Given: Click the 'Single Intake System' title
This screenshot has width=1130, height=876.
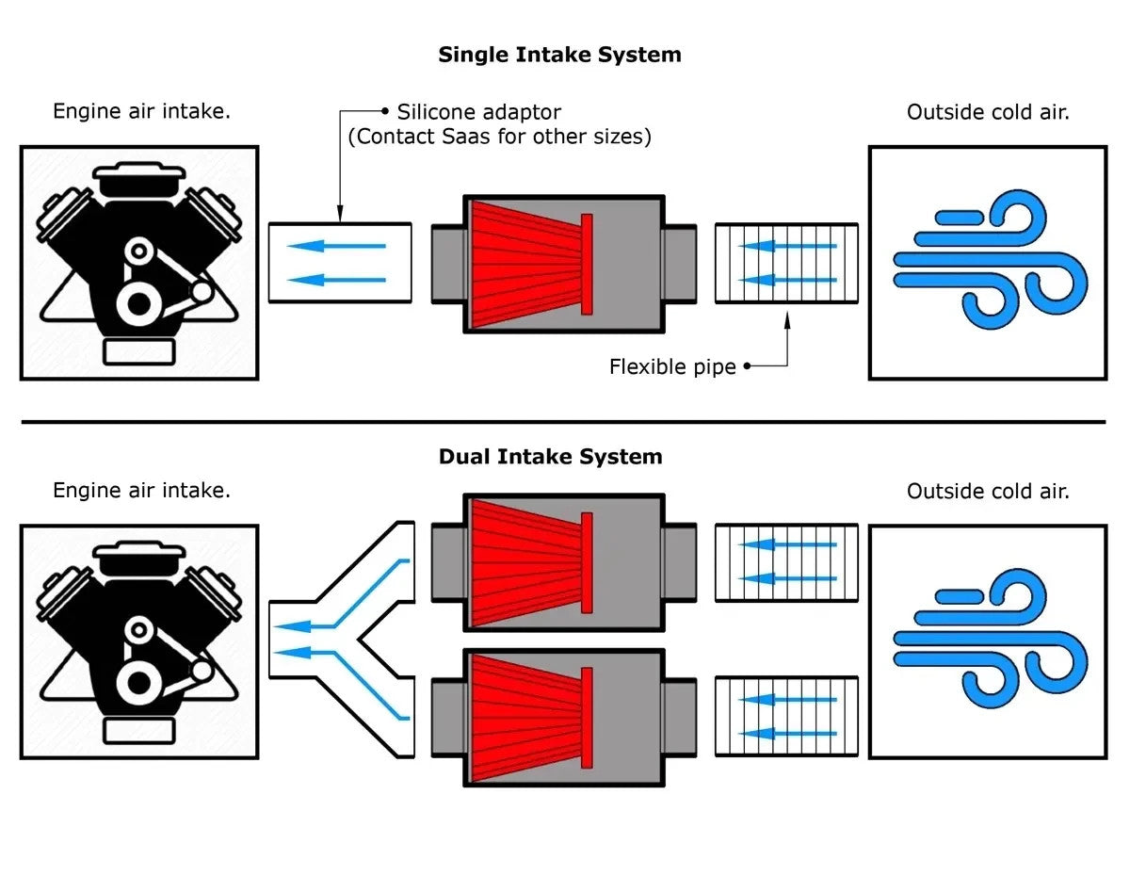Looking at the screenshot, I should [559, 55].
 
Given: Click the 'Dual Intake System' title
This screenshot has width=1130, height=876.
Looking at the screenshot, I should [550, 457].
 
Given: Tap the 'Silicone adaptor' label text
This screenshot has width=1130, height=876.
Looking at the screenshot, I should [478, 112].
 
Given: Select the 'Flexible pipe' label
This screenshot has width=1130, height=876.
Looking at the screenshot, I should [672, 366].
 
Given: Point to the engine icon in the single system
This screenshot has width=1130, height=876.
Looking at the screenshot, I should [139, 262].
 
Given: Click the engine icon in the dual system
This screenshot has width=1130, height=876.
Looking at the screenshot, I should [139, 641].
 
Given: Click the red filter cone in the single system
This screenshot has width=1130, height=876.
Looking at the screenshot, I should [527, 264].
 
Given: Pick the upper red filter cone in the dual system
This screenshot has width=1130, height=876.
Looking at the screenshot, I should [527, 562].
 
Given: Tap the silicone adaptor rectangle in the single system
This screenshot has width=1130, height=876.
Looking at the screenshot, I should [340, 263].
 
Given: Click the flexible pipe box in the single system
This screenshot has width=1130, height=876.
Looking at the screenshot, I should [786, 263].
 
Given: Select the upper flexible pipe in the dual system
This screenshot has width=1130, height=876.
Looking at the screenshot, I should [786, 562].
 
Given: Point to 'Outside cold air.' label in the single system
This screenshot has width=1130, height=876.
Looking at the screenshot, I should [988, 112].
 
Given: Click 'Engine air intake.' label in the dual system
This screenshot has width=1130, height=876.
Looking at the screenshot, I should [141, 491].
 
